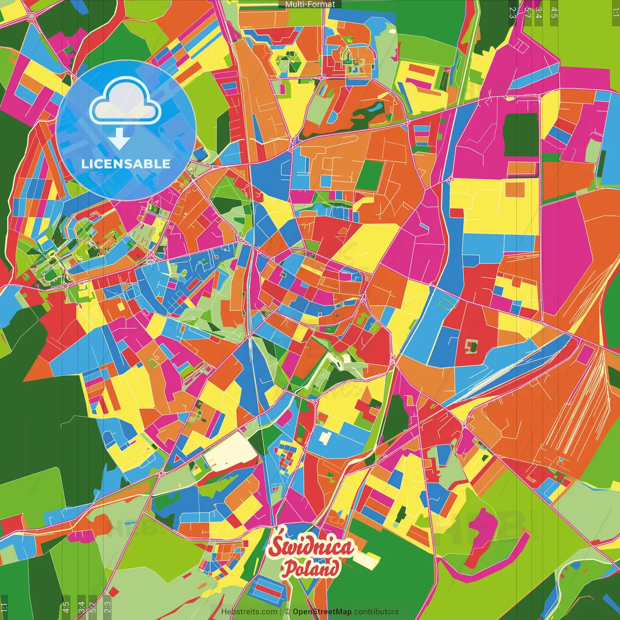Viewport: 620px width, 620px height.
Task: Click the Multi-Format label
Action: coord(310,4)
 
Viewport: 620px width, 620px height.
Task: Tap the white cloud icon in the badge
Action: coord(125,103)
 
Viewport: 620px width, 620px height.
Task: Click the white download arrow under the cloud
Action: coord(119,139)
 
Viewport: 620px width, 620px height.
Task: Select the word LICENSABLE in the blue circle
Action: coord(126,164)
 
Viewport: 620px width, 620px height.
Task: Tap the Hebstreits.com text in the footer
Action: coord(249,612)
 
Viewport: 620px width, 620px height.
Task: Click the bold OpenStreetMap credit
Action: coord(322,612)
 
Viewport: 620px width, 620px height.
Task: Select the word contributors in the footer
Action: coord(376,612)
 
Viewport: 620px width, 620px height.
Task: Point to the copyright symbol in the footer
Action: coord(287,612)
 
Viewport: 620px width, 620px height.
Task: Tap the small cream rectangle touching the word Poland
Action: coord(366,560)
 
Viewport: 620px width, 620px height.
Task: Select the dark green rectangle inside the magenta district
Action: coord(521,135)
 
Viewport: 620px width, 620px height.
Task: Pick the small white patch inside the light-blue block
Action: coord(325,437)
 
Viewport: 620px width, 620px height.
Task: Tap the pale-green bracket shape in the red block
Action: coord(471,346)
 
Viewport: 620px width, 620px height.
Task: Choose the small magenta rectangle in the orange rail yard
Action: coord(585,355)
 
